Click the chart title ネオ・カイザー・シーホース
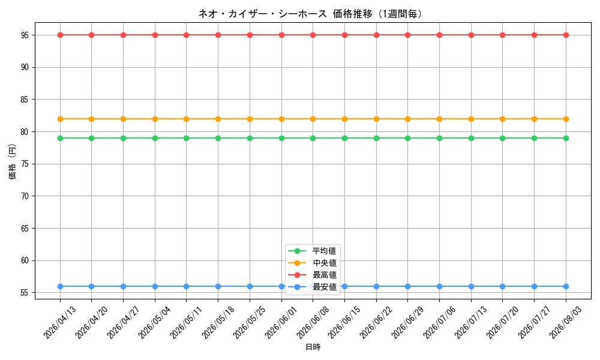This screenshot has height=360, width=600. coord(263,14)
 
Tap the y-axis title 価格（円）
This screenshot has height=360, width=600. coord(13,161)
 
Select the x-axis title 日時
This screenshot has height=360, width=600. coord(313,347)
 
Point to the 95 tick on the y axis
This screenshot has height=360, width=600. coord(26,35)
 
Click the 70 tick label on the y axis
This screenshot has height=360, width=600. coord(26,196)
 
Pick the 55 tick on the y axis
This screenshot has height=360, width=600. coord(26,293)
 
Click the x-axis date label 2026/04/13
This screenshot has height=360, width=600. coord(59,322)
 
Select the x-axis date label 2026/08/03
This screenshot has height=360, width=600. coord(566,322)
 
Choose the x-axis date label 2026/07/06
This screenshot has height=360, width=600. coord(439,322)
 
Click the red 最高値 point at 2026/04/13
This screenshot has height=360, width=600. coord(60,35)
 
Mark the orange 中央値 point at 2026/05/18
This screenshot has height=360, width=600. coord(218,119)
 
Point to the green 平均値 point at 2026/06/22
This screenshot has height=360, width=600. coord(377,138)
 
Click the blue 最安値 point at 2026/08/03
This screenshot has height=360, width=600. coord(566,287)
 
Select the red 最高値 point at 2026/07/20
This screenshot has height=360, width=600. coord(503,35)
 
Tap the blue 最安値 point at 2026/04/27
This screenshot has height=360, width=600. coord(123,287)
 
